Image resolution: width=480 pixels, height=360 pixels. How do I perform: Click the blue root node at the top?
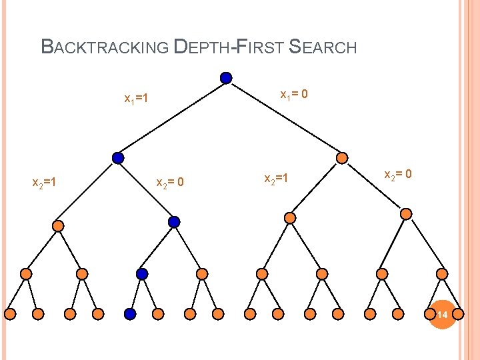226,78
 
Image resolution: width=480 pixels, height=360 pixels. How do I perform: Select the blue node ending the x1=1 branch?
118,158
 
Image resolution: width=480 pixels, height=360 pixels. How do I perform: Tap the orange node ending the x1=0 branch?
342,158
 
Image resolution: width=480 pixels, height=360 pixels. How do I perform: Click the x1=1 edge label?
136,99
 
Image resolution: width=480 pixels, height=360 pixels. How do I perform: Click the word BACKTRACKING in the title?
105,47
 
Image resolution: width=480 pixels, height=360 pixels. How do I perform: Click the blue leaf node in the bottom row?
130,313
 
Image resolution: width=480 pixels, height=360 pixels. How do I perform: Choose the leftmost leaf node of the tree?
11,313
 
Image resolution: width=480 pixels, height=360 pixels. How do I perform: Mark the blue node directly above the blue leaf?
142,273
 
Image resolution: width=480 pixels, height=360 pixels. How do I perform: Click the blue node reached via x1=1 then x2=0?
174,221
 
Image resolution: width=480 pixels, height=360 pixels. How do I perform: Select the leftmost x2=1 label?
45,181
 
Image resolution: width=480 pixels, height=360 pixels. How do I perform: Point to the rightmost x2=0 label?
398,175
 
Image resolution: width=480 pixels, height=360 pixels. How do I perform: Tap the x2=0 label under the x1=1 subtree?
170,182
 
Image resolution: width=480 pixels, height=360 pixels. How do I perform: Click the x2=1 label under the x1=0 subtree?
277,179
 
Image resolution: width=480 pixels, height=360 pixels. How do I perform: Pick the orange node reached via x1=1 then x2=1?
58,226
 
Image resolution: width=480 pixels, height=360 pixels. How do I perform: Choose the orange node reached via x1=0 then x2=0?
406,214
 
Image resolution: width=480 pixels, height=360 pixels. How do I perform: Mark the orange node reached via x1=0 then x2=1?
290,217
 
